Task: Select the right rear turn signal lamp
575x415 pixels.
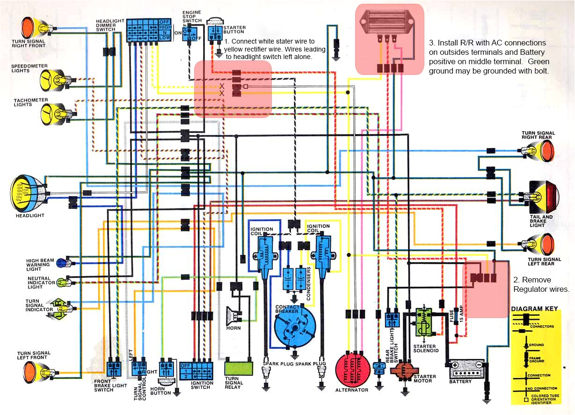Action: (x=543, y=151)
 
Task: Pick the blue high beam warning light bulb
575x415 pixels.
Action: (x=62, y=263)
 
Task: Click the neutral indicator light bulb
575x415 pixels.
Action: (x=62, y=282)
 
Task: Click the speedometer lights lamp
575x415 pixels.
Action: (x=51, y=78)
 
